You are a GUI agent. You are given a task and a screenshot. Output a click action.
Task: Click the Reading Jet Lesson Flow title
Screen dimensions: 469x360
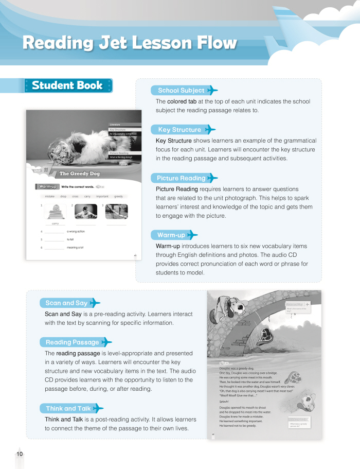point(130,43)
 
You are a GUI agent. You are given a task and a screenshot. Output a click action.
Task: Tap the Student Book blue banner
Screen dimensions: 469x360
point(67,85)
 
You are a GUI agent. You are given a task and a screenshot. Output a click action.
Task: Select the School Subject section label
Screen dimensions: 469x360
point(181,91)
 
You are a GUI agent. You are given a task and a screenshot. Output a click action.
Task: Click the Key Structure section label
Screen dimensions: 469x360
point(179,130)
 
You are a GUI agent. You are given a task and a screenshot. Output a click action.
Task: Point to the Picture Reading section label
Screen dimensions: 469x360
point(181,178)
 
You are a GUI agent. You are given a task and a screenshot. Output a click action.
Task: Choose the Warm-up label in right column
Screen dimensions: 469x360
point(171,235)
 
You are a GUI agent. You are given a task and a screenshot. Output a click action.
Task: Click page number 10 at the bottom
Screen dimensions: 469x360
point(19,454)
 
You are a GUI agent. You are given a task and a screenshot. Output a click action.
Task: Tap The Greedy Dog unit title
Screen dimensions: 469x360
point(79,173)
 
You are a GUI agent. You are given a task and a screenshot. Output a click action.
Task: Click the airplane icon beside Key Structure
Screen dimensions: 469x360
point(210,130)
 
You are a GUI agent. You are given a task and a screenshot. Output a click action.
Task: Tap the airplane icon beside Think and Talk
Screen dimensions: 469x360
point(98,408)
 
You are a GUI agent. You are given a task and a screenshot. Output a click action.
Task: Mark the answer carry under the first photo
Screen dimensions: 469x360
point(55,223)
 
